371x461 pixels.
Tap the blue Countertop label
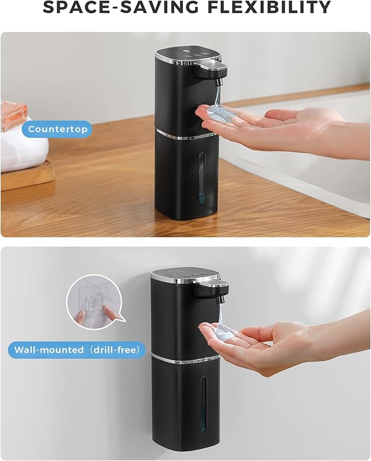coord(57,130)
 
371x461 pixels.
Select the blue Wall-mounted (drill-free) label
coord(77,349)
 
